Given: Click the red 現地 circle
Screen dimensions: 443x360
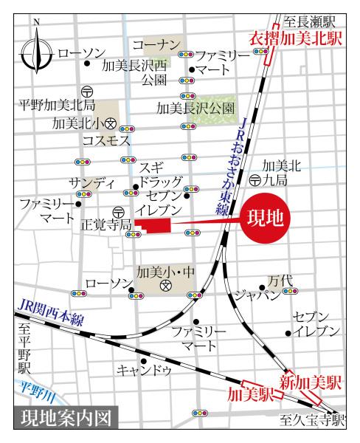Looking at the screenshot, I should click(266, 218).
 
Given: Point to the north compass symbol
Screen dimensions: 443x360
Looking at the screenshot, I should click(36, 53).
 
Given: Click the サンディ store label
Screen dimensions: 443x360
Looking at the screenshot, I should click(92, 182).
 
